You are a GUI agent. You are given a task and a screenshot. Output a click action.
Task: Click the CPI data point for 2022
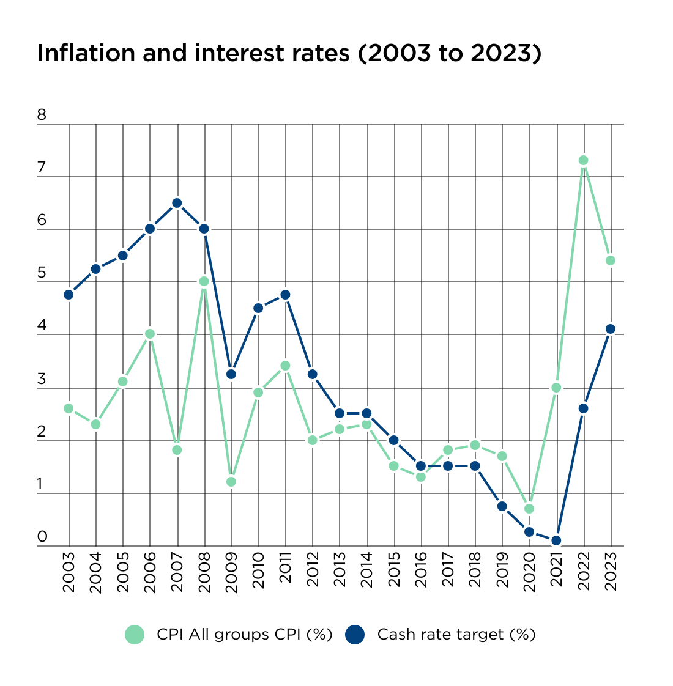pyautogui.click(x=583, y=160)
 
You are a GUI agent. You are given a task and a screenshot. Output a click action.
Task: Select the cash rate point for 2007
pyautogui.click(x=177, y=203)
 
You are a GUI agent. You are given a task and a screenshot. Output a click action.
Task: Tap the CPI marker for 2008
pyautogui.click(x=204, y=281)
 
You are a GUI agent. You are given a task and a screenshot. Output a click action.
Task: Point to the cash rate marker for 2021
pyautogui.click(x=556, y=540)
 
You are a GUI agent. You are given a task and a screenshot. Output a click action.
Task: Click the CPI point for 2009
pyautogui.click(x=231, y=482)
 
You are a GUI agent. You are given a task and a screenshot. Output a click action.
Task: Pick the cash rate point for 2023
pyautogui.click(x=610, y=329)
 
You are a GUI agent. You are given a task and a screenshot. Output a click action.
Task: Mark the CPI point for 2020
pyautogui.click(x=529, y=509)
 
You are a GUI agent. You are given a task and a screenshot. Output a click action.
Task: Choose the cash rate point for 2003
pyautogui.click(x=69, y=295)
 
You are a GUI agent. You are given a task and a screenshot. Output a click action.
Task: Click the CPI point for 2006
pyautogui.click(x=150, y=334)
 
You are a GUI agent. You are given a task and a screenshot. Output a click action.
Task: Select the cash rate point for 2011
pyautogui.click(x=285, y=295)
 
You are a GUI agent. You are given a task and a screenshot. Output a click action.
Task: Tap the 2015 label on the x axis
pyautogui.click(x=394, y=570)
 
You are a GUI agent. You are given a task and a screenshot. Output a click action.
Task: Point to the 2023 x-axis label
pyautogui.click(x=611, y=570)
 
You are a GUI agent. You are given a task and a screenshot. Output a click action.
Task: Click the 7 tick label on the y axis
pyautogui.click(x=42, y=168)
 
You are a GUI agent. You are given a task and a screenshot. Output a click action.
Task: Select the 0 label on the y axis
pyautogui.click(x=42, y=537)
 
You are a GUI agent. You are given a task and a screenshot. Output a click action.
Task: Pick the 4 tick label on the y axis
pyautogui.click(x=42, y=326)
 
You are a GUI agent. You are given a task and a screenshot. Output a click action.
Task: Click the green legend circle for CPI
pyautogui.click(x=135, y=635)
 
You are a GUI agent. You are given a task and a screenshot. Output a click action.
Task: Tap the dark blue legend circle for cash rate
pyautogui.click(x=355, y=635)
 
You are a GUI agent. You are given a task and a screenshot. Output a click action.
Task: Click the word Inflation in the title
pyautogui.click(x=86, y=54)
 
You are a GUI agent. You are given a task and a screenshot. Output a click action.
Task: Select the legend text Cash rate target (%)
pyautogui.click(x=456, y=635)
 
